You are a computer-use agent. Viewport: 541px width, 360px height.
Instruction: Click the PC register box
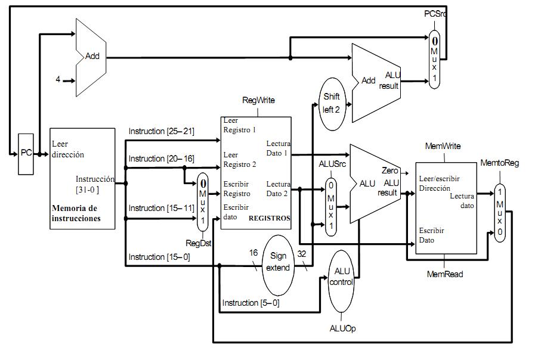(x=26, y=154)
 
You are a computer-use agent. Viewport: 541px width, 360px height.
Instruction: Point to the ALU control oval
(x=341, y=277)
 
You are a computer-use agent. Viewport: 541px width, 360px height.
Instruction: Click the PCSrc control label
(x=434, y=13)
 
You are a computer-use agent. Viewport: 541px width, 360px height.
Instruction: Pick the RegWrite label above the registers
(x=258, y=100)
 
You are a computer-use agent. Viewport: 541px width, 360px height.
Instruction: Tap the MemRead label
(x=445, y=275)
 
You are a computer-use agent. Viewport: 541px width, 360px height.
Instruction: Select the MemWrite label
(x=443, y=146)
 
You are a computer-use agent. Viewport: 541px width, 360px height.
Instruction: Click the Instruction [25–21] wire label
(x=161, y=131)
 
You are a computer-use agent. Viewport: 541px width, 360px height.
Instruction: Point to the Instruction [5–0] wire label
(x=251, y=303)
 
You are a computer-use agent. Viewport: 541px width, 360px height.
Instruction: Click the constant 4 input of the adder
(x=58, y=79)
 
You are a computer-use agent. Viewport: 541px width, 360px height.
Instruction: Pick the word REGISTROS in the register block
(x=269, y=218)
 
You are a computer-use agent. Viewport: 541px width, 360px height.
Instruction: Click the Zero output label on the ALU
(x=389, y=171)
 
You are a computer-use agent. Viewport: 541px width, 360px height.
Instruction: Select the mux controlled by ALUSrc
(x=330, y=206)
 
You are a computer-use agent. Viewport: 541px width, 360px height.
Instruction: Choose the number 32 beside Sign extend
(x=302, y=253)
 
